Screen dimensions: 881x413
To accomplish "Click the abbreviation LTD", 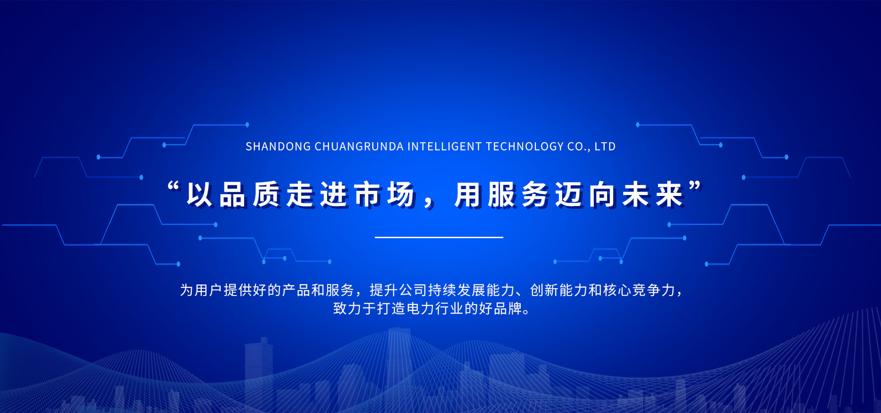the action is pos(605,147).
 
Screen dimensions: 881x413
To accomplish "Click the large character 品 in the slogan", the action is pos(233,195).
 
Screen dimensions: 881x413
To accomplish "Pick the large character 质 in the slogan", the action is pos(267,195).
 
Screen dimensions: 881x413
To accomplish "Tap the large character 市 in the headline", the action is pos(368,195).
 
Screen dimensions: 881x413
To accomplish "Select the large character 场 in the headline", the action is pos(401,195).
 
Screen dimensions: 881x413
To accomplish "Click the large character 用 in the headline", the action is pos(468,195).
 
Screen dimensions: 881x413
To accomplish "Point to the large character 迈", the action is pos(569,195).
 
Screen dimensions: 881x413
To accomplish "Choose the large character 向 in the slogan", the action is pos(602,195).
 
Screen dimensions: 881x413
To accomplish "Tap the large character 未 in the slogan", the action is pos(636,195).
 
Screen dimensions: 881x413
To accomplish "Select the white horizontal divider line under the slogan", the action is pos(439,237).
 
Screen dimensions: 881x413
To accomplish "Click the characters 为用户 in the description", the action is pos(201,290).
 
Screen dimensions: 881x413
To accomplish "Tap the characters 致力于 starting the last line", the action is pos(355,308).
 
